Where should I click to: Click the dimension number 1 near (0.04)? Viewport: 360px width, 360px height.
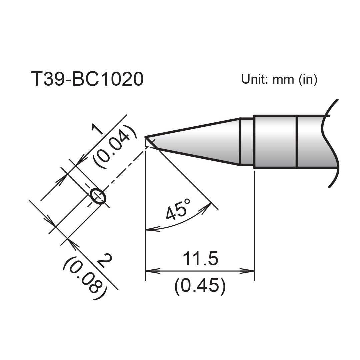click(x=97, y=128)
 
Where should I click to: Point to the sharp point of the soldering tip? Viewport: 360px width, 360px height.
click(x=146, y=137)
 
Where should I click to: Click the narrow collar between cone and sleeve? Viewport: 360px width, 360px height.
click(x=247, y=141)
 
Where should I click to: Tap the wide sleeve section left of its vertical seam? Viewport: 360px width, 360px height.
click(x=275, y=142)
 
